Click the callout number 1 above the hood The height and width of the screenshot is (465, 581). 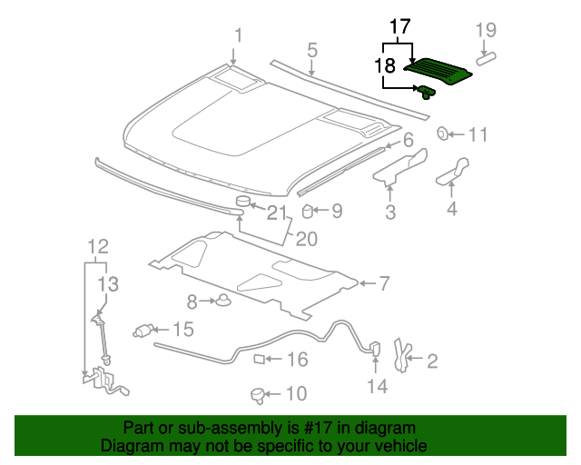(239, 35)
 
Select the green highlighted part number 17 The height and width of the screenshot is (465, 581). (439, 70)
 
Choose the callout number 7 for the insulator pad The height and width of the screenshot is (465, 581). (384, 284)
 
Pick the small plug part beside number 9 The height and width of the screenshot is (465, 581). (308, 213)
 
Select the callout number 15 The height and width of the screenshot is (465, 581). (183, 330)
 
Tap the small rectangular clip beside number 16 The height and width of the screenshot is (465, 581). (259, 360)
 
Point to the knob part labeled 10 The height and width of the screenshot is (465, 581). (258, 394)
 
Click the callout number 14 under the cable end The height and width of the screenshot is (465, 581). (377, 387)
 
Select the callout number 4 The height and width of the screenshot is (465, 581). (451, 211)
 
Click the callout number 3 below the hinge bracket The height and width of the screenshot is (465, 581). (390, 213)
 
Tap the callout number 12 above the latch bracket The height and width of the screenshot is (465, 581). (97, 246)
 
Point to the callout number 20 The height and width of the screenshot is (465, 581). (306, 239)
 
